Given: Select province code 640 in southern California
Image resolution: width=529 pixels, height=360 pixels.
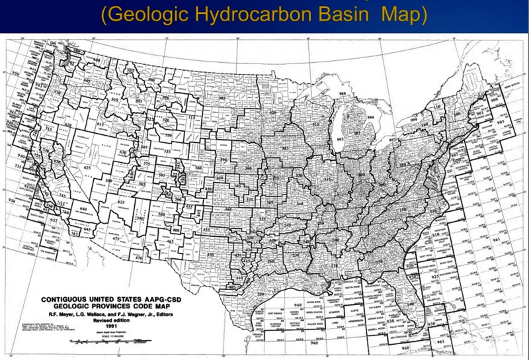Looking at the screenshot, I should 83,209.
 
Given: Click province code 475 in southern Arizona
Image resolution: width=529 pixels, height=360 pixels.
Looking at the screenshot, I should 116,238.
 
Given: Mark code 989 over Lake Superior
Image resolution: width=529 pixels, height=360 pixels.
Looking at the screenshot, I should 343,95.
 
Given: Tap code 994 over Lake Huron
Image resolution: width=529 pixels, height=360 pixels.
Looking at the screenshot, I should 370,117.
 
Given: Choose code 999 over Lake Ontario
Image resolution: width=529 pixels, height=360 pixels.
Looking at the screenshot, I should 413,120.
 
